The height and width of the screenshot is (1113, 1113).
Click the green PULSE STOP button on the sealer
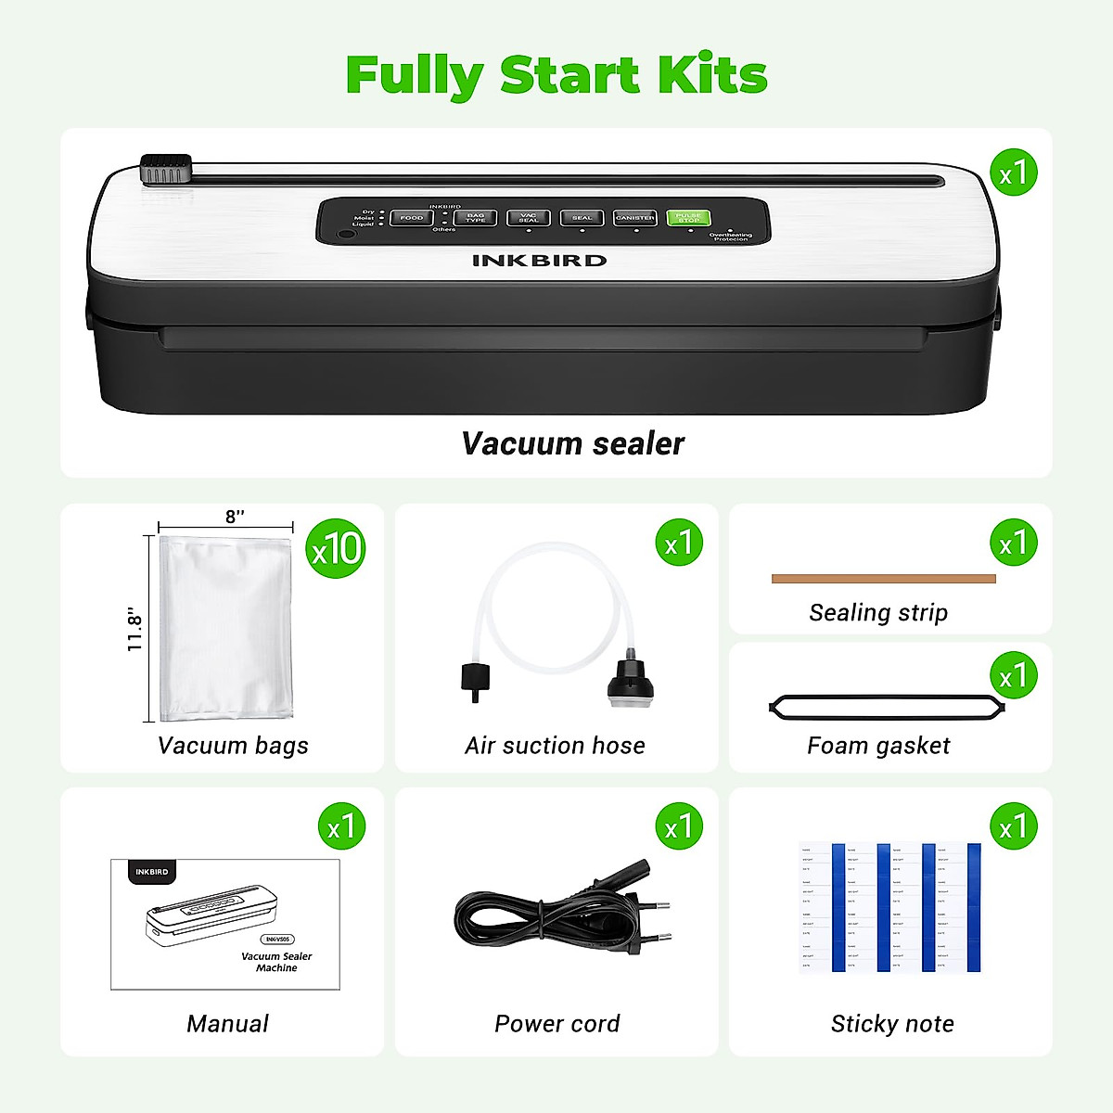pos(688,218)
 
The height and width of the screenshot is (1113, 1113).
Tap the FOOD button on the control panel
pos(411,218)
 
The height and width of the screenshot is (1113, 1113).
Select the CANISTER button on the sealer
pos(635,218)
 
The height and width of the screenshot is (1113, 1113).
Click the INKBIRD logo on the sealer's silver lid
pos(539,261)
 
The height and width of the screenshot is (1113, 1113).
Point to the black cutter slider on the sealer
pos(165,169)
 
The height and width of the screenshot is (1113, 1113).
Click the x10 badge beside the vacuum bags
pos(335,548)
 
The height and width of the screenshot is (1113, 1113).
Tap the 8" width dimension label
pos(235,517)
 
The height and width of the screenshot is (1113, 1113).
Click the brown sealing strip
pos(883,579)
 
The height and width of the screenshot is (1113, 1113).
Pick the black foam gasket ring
pos(887,708)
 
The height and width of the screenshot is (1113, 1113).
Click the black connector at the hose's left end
pos(470,677)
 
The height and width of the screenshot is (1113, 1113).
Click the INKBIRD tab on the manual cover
pos(152,872)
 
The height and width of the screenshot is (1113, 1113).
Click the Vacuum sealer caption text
pos(572,443)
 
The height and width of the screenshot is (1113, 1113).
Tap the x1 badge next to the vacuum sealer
pos(1013,172)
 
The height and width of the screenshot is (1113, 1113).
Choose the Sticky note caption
pos(891,1024)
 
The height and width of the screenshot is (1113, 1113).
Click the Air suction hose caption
pos(555,746)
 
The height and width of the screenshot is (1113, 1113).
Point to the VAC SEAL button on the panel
pos(528,218)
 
